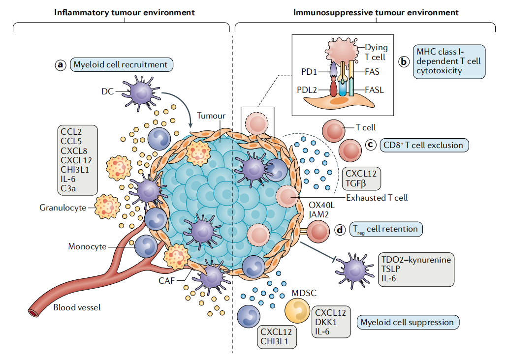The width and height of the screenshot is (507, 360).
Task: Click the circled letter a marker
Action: (61, 64)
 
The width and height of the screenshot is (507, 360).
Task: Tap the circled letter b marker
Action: (404, 61)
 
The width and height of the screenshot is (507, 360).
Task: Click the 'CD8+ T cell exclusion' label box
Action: (424, 145)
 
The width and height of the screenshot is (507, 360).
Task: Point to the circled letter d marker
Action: (340, 229)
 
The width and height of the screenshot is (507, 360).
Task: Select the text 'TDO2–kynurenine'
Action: (415, 260)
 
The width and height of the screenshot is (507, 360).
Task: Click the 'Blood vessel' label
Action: (77, 308)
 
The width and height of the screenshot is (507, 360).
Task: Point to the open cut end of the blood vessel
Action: (33, 312)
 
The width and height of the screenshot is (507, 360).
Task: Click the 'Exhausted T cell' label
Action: (377, 198)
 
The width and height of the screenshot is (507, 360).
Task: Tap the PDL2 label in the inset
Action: (307, 90)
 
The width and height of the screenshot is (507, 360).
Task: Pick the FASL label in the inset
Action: (374, 90)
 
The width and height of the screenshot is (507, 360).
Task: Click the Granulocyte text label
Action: (63, 208)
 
